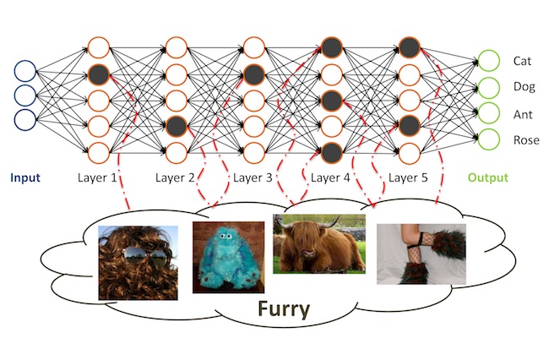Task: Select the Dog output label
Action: click(x=524, y=86)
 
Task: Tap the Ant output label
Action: click(x=523, y=113)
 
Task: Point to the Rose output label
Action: click(x=525, y=139)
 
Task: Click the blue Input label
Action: click(x=25, y=178)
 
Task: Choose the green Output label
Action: click(x=489, y=178)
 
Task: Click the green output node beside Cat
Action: click(x=488, y=61)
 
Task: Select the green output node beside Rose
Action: click(x=488, y=139)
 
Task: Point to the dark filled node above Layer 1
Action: click(x=99, y=74)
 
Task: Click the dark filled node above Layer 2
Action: click(x=177, y=127)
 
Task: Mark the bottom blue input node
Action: click(x=25, y=120)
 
